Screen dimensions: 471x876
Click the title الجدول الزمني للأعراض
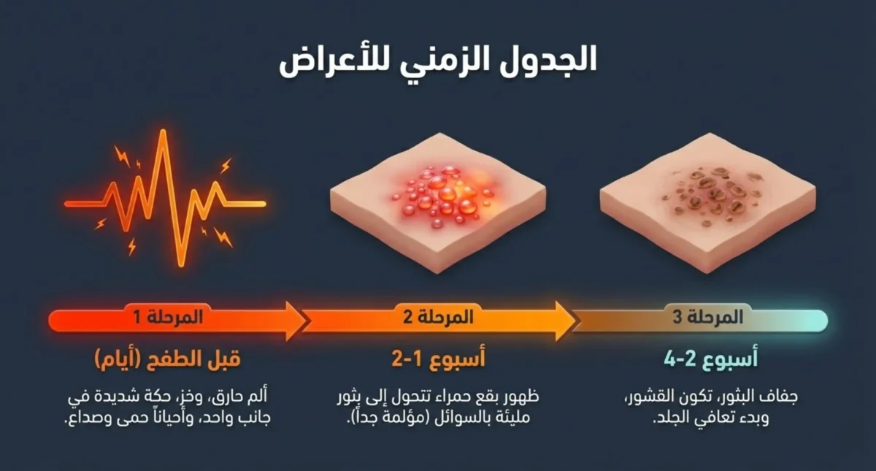[438, 61]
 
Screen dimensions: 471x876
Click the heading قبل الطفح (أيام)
[167, 359]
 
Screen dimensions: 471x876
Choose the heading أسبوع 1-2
[438, 359]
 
